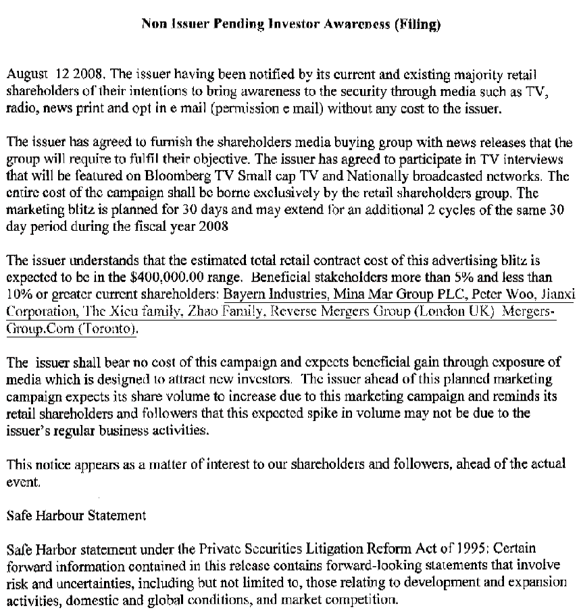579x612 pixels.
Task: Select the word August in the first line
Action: [25, 72]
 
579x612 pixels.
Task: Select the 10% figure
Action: [18, 295]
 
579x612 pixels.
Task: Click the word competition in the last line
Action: [359, 599]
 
